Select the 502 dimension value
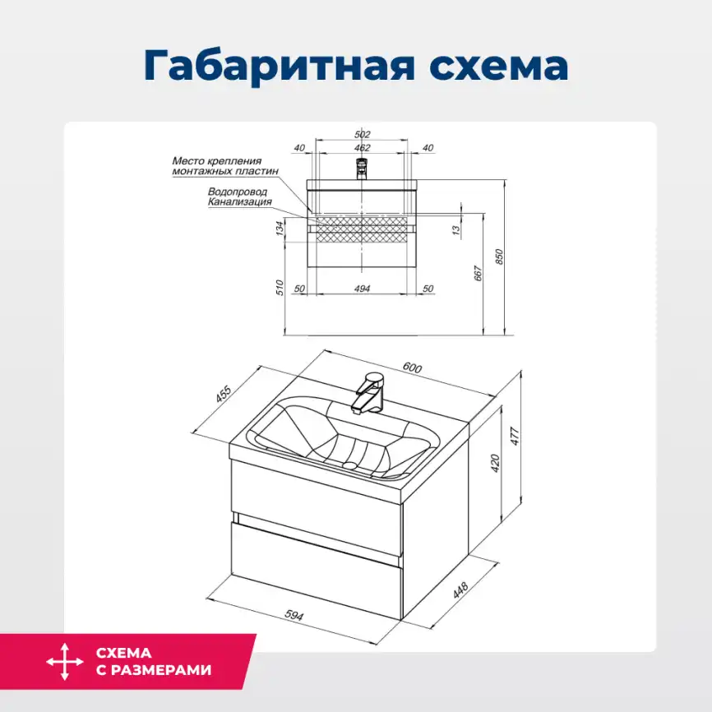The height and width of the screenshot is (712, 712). click(363, 134)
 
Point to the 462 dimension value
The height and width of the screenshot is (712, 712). click(363, 148)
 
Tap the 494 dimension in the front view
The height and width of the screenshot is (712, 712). click(363, 289)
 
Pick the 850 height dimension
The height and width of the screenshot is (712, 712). click(499, 257)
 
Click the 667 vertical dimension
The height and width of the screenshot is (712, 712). click(478, 273)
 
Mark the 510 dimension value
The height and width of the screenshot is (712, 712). click(280, 287)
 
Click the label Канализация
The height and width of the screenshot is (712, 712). click(239, 201)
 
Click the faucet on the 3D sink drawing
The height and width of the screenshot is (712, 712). click(368, 392)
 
